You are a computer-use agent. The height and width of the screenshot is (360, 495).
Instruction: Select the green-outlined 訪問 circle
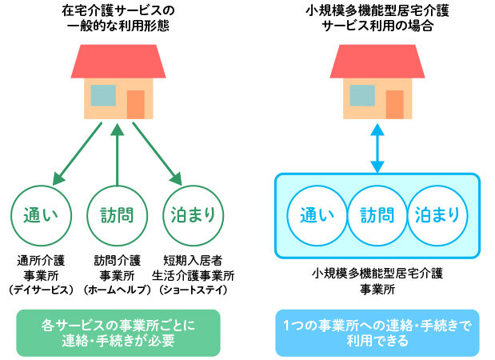pos(118,214)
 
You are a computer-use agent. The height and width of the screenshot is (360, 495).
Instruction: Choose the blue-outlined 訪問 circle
pos(377,214)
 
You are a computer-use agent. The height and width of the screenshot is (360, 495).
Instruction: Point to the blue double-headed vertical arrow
pos(377,146)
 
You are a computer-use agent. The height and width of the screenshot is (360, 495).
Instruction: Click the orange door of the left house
pos(135,104)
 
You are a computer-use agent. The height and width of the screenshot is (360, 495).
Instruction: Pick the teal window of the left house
pos(103,95)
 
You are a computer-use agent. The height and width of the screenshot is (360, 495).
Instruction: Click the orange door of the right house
pos(394,104)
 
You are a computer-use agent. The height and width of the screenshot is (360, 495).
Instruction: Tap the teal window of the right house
pos(362,95)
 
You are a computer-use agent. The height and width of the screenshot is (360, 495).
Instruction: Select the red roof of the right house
pos(377,61)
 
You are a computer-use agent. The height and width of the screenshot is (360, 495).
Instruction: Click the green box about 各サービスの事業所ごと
pos(118,333)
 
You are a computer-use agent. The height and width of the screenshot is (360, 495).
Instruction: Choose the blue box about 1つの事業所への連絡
pos(377,333)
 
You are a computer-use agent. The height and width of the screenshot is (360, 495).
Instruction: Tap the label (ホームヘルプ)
pos(118,289)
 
